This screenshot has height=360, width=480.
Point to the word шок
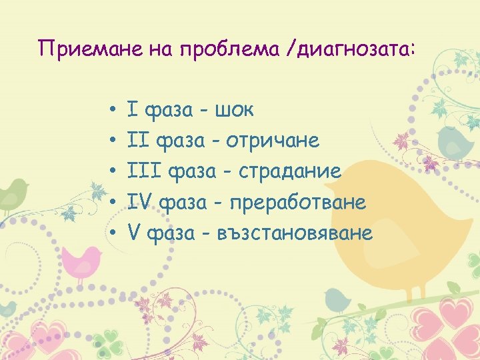pyautogui.click(x=234, y=109)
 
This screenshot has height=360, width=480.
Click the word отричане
pyautogui.click(x=272, y=141)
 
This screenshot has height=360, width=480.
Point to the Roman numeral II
pyautogui.click(x=138, y=141)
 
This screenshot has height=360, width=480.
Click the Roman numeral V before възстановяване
pyautogui.click(x=133, y=233)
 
